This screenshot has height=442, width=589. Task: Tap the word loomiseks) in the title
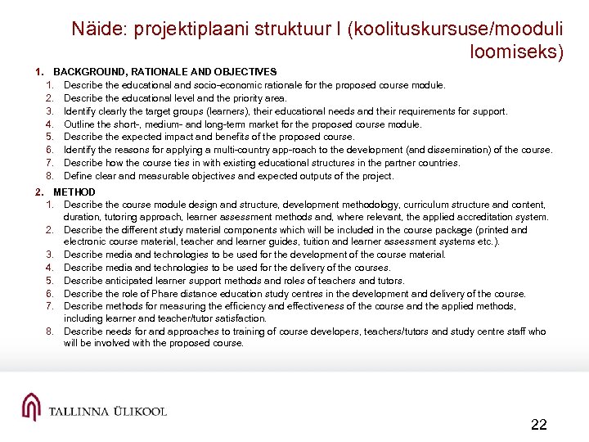coord(517,52)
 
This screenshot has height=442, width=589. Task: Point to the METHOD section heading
coord(74,192)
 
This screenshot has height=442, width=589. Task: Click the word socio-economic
coord(227,85)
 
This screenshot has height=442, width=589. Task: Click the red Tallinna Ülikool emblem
coord(30,406)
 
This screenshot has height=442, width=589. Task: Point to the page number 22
coord(538,424)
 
